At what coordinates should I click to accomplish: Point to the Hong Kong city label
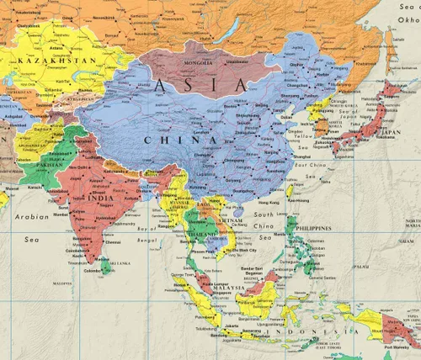point(269,204)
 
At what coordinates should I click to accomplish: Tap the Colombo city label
point(92,271)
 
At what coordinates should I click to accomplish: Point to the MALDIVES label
point(60,283)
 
